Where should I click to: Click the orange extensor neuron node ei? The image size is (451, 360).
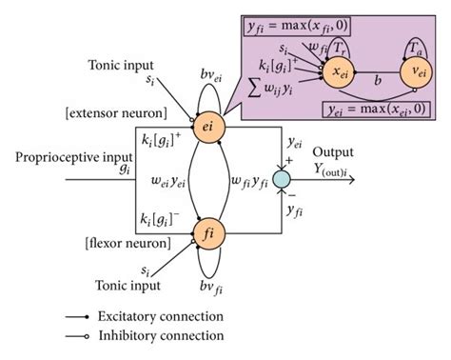coord(207,123)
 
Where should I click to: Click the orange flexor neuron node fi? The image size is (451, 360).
coord(207,231)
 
